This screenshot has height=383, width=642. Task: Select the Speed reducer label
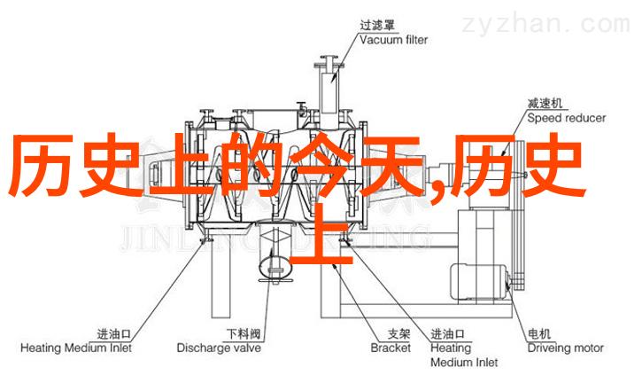pos(567,118)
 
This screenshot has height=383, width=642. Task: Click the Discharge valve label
pos(218,348)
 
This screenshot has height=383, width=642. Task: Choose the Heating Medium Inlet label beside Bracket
pos(465,355)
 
